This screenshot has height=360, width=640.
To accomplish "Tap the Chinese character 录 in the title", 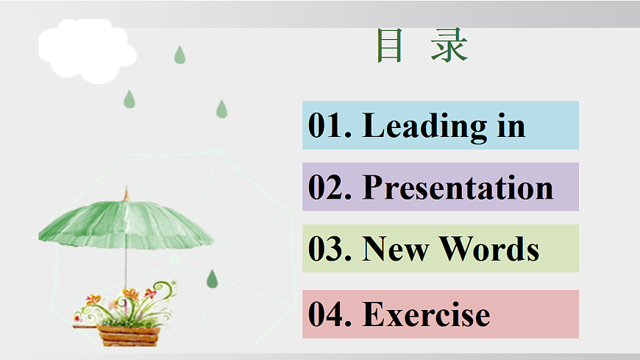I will click(449, 46).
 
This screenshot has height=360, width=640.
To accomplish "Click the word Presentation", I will click(458, 188).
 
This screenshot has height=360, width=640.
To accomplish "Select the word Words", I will click(489, 250).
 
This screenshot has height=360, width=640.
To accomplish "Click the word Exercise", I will click(427, 315).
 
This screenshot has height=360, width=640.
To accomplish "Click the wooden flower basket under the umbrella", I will click(128, 335).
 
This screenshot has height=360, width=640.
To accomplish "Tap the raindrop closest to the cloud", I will click(179, 55).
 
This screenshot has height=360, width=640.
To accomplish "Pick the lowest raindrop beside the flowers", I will click(212, 279).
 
